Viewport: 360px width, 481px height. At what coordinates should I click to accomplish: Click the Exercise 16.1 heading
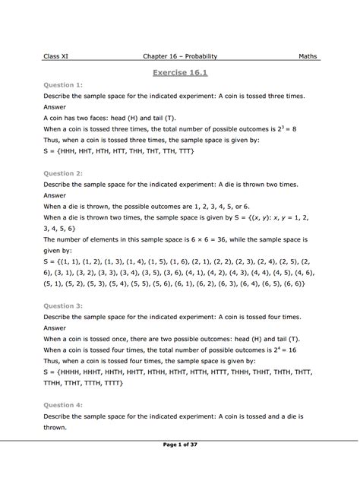[x=180, y=73]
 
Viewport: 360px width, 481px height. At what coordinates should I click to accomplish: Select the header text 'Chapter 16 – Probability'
[x=180, y=55]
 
